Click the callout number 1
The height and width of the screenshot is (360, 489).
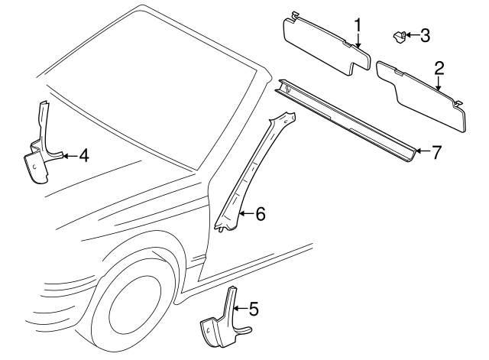coord(358,28)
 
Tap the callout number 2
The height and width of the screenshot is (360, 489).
coord(439,67)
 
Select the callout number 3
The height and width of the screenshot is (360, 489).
coord(426,34)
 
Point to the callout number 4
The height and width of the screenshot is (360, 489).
coord(84,156)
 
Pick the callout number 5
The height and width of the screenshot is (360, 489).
coord(254,309)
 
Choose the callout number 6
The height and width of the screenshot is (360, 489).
coord(260,214)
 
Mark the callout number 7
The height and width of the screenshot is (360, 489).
coord(436,151)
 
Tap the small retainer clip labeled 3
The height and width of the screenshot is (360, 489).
coord(399,35)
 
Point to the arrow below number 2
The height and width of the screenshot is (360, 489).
coord(439,84)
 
